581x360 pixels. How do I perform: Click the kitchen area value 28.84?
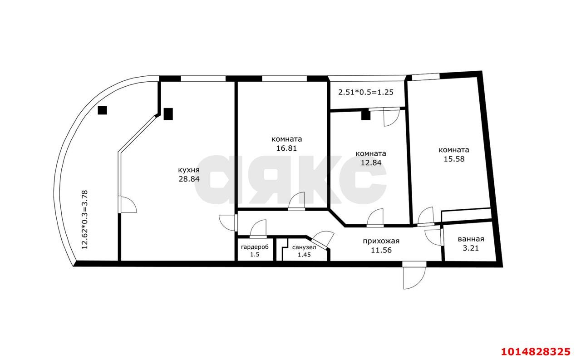[189, 179]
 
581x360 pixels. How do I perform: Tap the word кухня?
[188, 170]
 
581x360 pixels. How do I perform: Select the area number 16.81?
[286, 148]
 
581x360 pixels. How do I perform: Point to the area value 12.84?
[371, 163]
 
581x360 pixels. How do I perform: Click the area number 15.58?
[454, 159]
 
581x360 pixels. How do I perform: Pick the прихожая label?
[381, 242]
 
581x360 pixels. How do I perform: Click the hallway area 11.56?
[381, 250]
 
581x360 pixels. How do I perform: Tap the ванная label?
[471, 239]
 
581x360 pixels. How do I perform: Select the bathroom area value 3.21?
[471, 248]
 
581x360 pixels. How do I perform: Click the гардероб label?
[255, 247]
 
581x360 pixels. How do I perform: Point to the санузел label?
[304, 247]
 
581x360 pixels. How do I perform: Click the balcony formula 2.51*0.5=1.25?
[366, 92]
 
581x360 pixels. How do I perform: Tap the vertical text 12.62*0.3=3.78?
[85, 220]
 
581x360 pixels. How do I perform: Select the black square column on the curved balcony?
[102, 110]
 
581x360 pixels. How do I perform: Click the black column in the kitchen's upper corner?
[168, 114]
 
